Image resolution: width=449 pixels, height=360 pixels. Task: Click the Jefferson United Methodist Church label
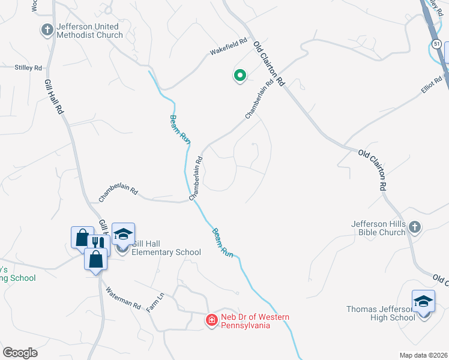89,31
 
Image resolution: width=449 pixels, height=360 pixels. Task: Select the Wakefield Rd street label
228,46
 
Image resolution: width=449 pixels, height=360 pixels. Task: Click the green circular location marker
240,76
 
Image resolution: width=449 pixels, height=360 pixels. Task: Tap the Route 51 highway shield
437,44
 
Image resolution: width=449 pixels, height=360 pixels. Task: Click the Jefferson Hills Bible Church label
378,229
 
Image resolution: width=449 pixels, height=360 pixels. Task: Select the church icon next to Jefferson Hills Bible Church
415,226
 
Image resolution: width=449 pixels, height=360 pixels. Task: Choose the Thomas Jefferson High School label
380,313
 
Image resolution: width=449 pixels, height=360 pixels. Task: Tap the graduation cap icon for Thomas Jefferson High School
423,301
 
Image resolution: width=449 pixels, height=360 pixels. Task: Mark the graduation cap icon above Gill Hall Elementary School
123,233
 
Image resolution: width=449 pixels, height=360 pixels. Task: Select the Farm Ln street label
156,303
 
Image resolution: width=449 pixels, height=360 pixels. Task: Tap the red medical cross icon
211,320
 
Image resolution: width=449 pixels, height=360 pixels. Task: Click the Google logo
20,353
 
